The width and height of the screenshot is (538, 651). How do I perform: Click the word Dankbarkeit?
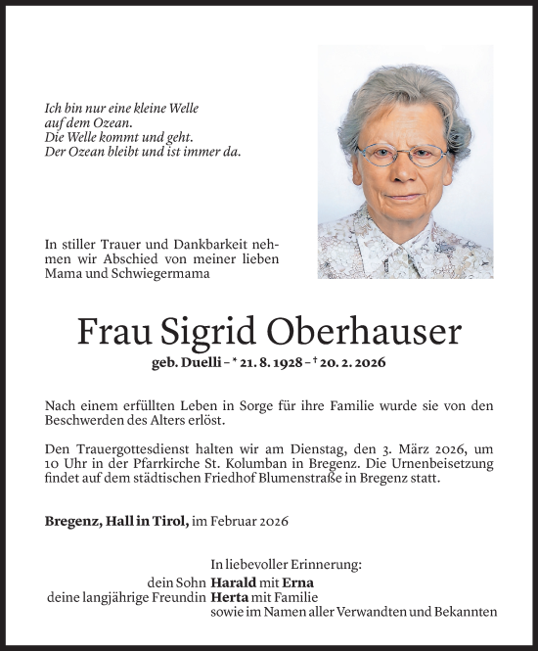[195, 244]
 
